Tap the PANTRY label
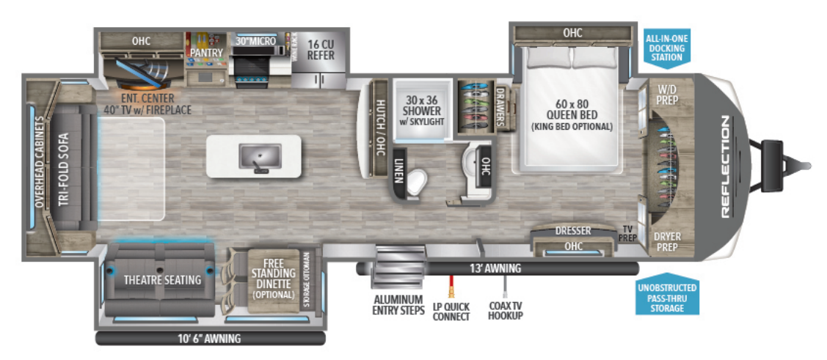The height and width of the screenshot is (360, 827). [206, 53]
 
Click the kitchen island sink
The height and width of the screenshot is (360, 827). [260, 155]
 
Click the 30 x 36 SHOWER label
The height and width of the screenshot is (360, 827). [420, 111]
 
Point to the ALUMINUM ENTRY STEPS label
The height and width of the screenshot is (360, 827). [398, 305]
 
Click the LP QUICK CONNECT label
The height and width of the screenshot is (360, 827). [451, 311]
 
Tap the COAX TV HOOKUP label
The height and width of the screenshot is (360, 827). [505, 311]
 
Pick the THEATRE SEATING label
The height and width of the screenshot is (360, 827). [162, 279]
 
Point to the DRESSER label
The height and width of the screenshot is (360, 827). [573, 231]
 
